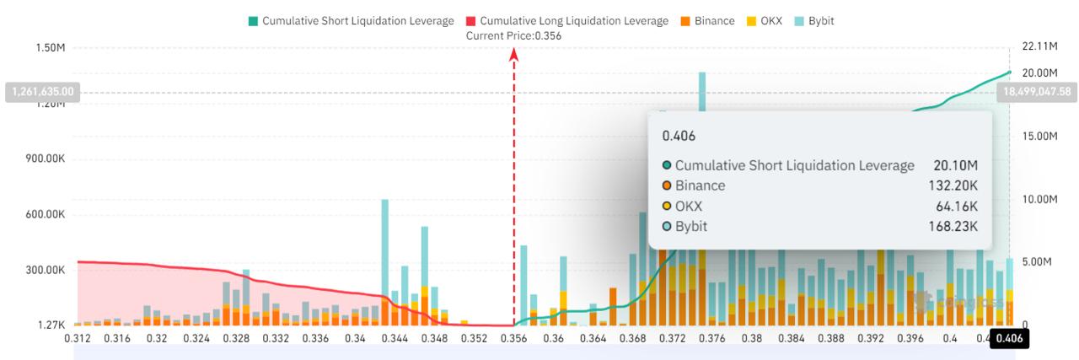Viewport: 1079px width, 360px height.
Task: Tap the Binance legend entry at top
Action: click(x=708, y=20)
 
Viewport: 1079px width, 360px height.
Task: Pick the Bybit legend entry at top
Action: click(x=813, y=20)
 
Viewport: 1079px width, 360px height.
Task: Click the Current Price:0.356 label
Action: click(x=513, y=35)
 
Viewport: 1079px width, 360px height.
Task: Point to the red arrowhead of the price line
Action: click(x=514, y=55)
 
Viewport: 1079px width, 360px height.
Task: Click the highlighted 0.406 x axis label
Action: click(x=1008, y=339)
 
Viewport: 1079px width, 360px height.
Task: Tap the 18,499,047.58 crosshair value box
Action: click(x=1037, y=91)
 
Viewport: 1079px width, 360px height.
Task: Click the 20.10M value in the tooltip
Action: click(x=955, y=165)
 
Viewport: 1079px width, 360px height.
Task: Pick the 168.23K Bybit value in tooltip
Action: click(x=955, y=226)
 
